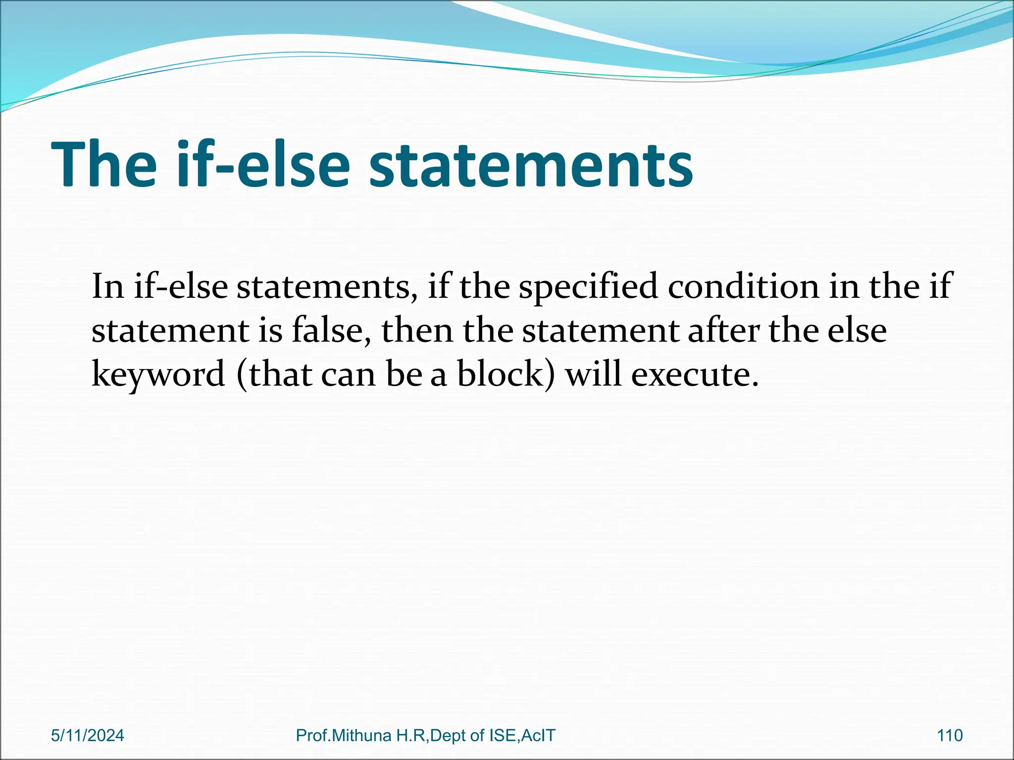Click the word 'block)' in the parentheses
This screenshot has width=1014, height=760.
(506, 374)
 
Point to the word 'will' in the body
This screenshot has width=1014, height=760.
(593, 374)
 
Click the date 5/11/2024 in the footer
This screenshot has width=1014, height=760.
(88, 735)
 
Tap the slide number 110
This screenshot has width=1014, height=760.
(950, 735)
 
